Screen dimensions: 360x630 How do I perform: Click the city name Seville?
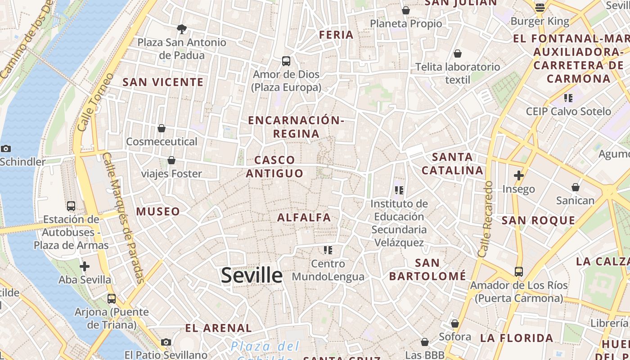click(252, 275)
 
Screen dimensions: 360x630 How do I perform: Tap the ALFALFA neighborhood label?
click(304, 217)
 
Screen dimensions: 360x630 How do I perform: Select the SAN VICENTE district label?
click(163, 82)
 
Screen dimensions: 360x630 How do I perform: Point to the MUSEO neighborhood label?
click(158, 211)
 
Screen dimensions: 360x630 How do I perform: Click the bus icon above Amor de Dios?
click(286, 61)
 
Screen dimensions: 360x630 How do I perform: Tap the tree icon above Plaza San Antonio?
click(182, 29)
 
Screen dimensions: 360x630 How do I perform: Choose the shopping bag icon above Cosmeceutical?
click(162, 128)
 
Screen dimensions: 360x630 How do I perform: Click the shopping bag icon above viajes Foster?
click(171, 160)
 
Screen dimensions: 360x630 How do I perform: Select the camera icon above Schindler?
click(6, 148)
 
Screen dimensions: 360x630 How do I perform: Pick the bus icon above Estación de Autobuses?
click(71, 206)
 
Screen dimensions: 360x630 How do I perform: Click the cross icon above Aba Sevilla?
click(85, 266)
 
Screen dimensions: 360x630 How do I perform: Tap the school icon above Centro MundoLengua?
click(328, 250)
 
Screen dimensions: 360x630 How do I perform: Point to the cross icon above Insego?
click(519, 175)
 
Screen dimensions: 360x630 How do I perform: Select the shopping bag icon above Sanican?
click(575, 187)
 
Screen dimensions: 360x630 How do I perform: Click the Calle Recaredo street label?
click(486, 219)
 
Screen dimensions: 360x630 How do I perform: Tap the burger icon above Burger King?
click(540, 8)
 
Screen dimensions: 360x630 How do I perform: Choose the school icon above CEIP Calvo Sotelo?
click(568, 98)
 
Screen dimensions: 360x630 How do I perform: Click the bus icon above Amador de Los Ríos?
click(519, 272)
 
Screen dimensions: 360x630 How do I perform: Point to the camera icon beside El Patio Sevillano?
click(166, 342)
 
